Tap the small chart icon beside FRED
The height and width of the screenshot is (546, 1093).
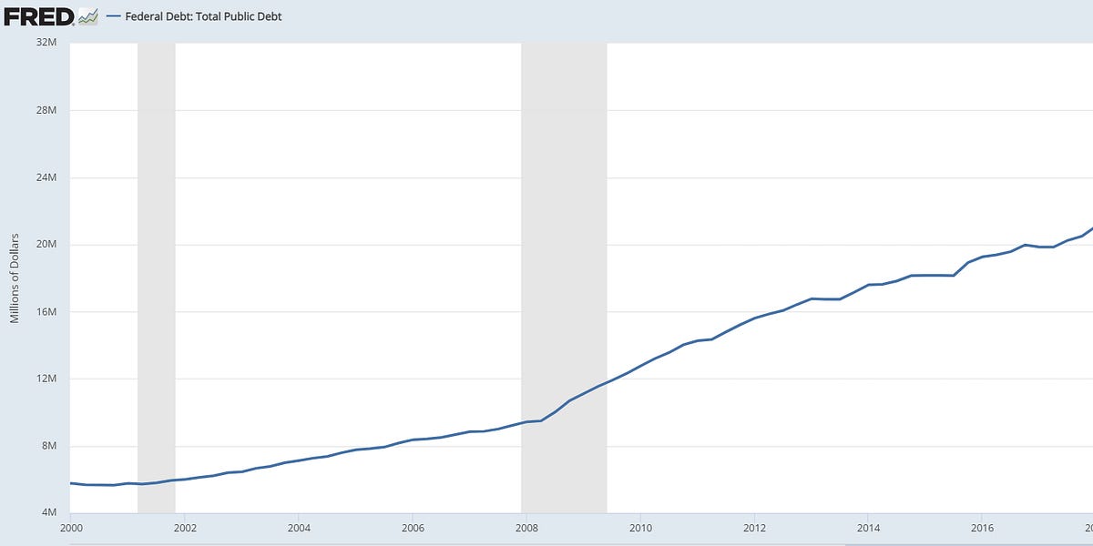tap(88, 16)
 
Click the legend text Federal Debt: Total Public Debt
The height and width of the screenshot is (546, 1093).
tap(203, 16)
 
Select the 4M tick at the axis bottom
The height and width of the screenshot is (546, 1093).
tap(49, 513)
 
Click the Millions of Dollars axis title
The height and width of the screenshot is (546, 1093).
tap(15, 278)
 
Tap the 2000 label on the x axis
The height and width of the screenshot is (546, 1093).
tap(70, 528)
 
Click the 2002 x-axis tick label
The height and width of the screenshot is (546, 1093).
tap(184, 528)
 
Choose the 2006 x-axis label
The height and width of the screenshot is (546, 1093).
tap(413, 528)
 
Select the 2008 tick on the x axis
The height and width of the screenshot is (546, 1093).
tap(526, 528)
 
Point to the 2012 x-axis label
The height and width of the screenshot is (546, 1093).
tap(754, 528)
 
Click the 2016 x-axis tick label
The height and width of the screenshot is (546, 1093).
tap(982, 528)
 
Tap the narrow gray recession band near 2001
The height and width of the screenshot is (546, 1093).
tap(156, 273)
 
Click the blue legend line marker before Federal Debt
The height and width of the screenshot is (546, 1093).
tap(114, 16)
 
